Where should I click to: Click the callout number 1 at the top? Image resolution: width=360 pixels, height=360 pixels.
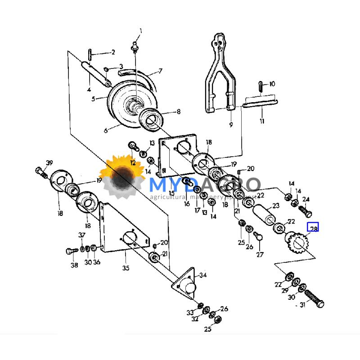pyautogui.click(x=140, y=31)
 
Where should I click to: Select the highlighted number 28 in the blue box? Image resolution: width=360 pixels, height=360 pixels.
pyautogui.click(x=313, y=229)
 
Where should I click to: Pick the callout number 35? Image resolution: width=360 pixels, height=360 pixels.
pyautogui.click(x=126, y=268)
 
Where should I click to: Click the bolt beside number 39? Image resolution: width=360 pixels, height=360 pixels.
pyautogui.click(x=41, y=171)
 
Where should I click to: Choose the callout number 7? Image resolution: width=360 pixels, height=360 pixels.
pyautogui.click(x=160, y=71)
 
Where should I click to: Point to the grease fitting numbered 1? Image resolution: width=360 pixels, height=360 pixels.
pyautogui.click(x=134, y=46)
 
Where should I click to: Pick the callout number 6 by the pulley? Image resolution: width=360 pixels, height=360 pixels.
pyautogui.click(x=106, y=130)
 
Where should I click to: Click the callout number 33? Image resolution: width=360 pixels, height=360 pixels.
pyautogui.click(x=190, y=312)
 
